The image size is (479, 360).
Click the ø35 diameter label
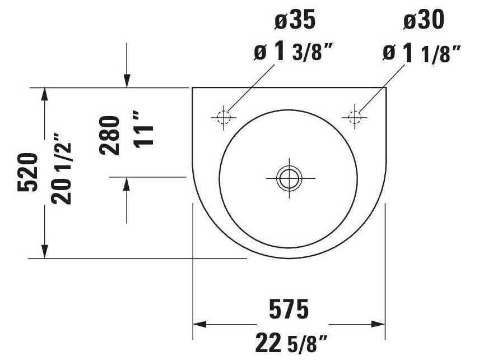click(295, 20)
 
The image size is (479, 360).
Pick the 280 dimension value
click(110, 135)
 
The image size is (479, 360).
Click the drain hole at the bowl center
click(289, 178)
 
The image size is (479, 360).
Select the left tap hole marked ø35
click(224, 117)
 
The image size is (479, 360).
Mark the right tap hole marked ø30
click(355, 117)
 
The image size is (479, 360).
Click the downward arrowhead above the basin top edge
click(127, 82)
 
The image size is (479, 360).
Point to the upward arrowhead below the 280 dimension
click(127, 183)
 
